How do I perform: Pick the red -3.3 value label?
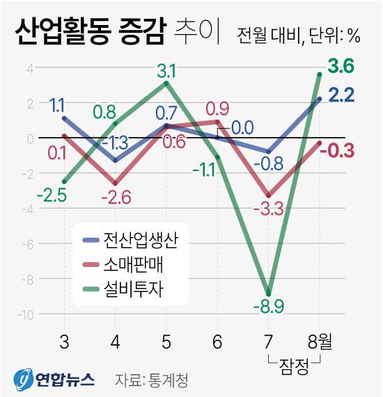[x=268, y=208]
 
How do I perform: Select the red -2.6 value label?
[x=116, y=197]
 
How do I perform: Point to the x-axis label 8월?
[x=320, y=341]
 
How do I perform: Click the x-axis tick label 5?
[x=166, y=341]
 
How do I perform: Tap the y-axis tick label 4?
[x=30, y=68]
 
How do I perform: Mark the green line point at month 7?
[x=268, y=293]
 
